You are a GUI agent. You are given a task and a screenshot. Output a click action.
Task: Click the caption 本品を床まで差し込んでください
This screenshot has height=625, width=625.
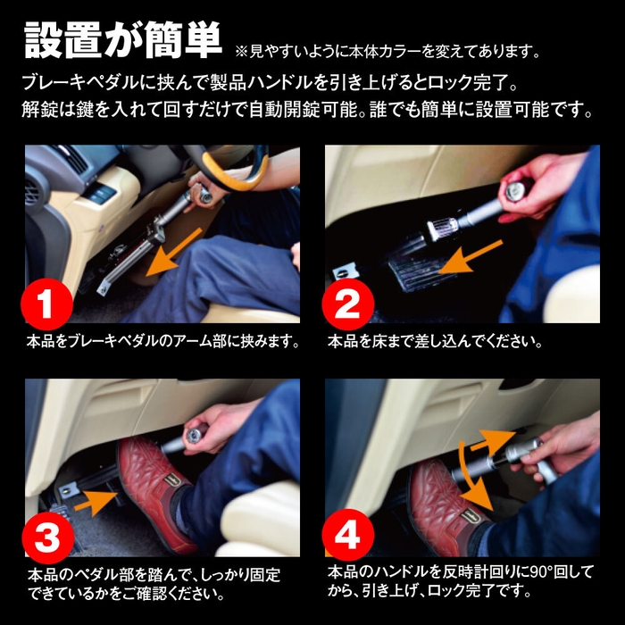point(436,341)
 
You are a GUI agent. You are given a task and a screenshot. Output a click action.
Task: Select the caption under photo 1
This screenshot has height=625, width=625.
point(162,341)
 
